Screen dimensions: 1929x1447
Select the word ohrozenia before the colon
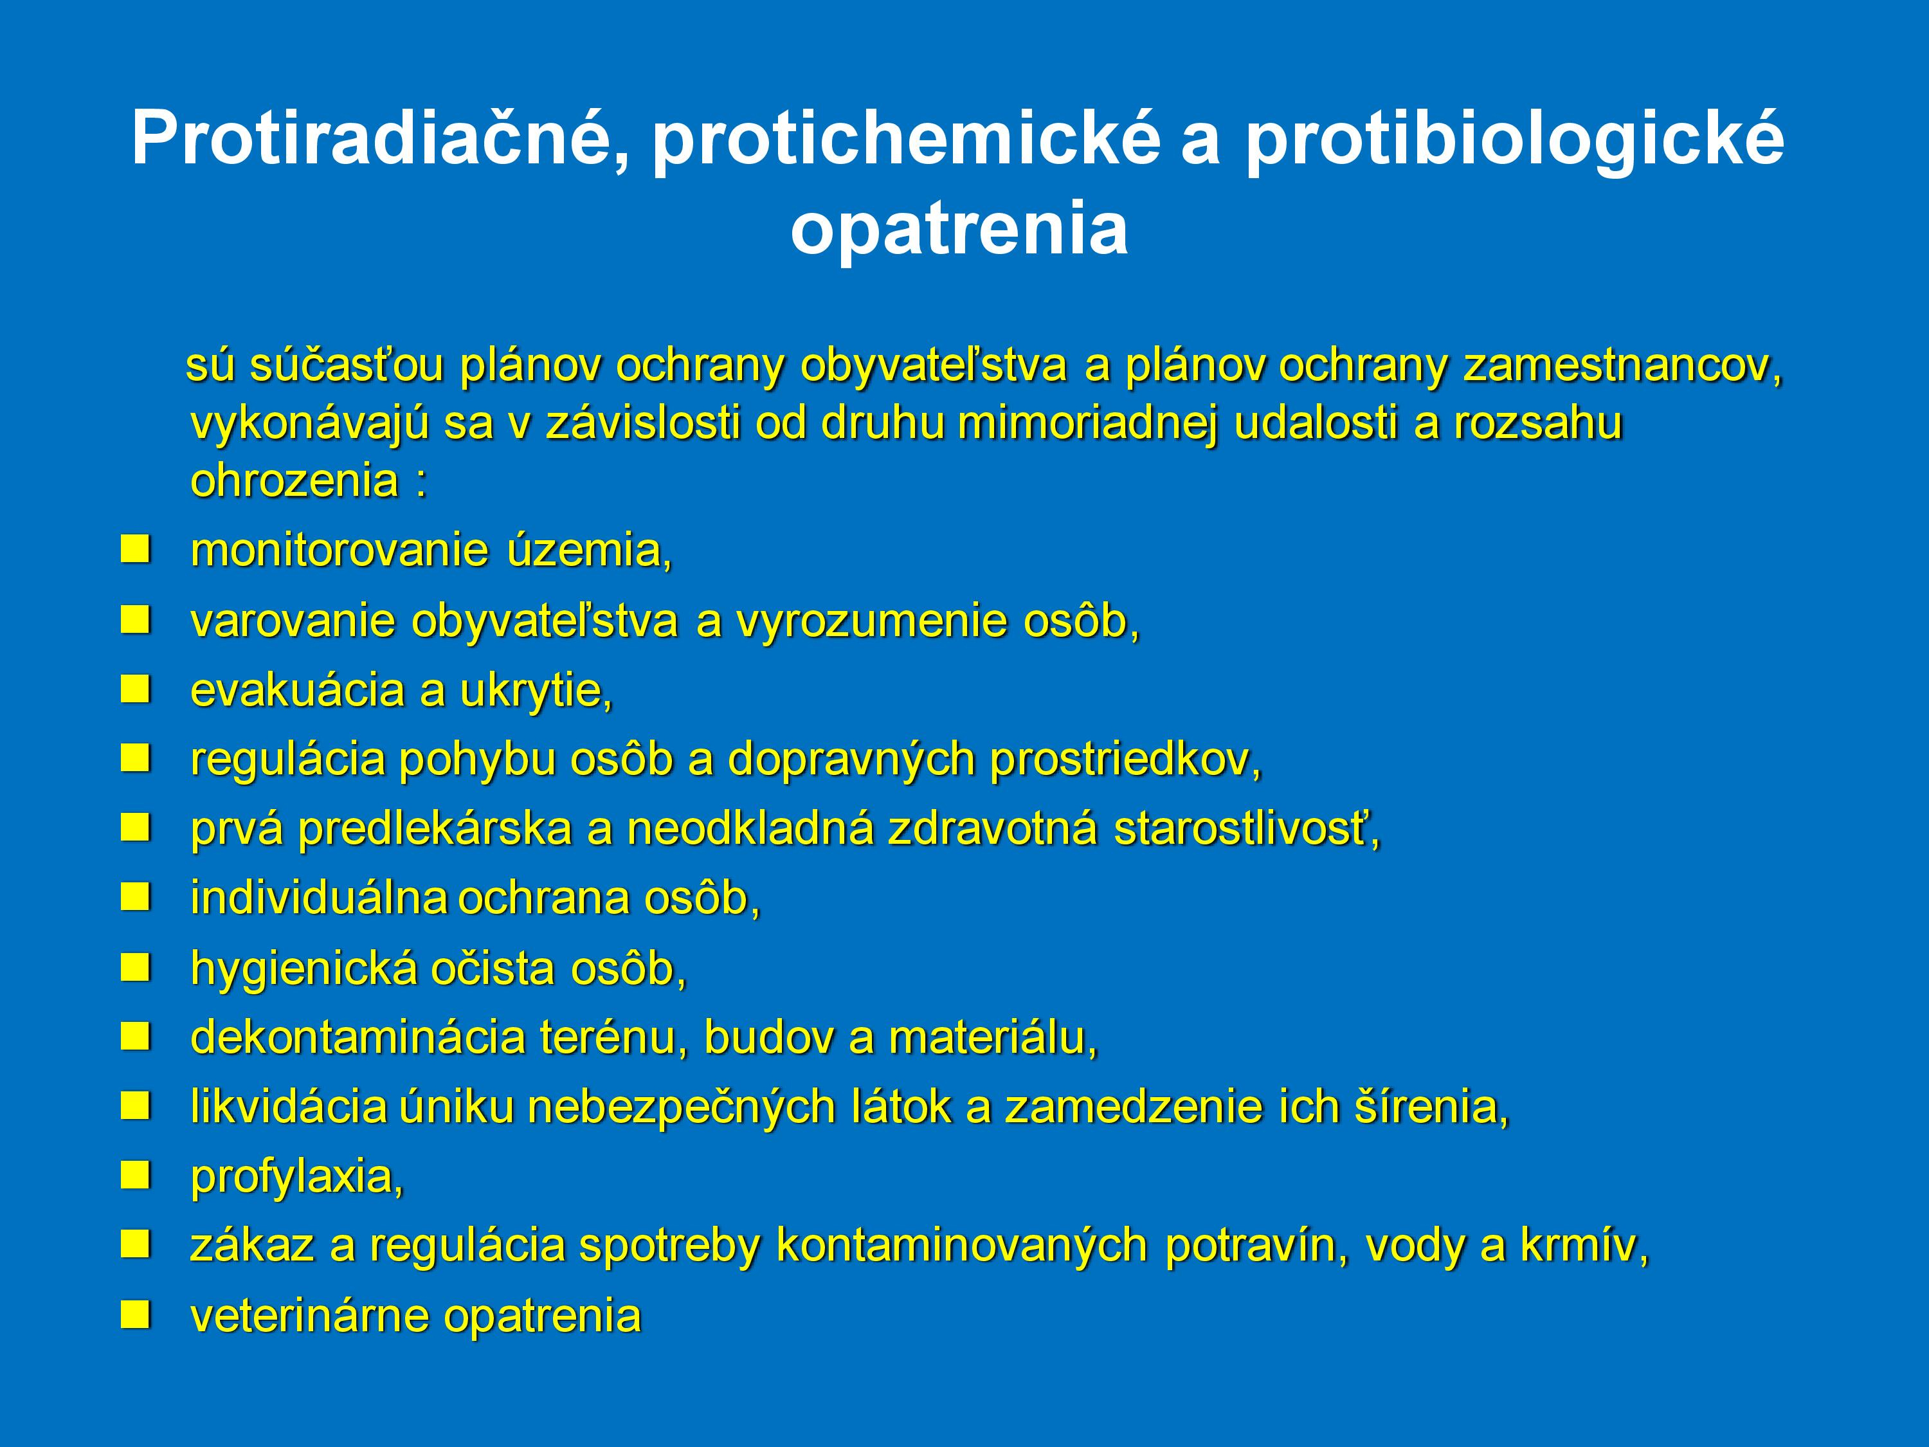tap(294, 480)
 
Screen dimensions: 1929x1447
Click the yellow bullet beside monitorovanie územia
tap(135, 549)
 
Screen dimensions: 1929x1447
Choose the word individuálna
tap(319, 898)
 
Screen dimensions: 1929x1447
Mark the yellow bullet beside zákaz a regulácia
tap(135, 1244)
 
